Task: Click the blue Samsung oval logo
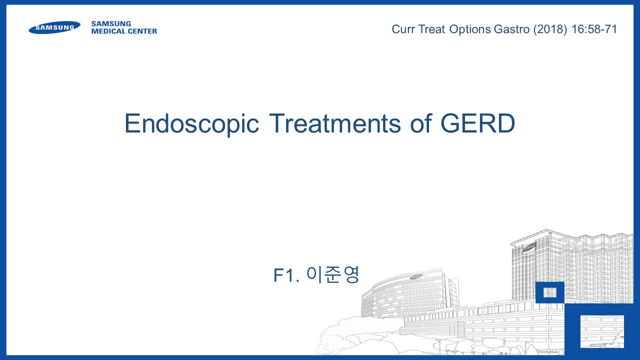pos(54,27)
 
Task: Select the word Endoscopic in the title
pos(191,123)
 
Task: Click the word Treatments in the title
pos(335,123)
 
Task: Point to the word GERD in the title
pos(477,123)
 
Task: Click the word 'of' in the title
pos(421,123)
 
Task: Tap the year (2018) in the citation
pos(550,29)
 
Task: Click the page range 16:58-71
pos(594,29)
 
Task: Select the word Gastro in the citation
pos(511,29)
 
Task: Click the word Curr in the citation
pos(403,29)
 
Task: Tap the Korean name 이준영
pos(333,274)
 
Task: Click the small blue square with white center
pos(549,292)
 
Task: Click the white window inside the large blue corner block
pos(602,331)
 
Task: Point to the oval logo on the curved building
pos(416,276)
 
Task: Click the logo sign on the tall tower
pos(529,247)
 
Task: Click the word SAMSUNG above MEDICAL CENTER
pos(111,23)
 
